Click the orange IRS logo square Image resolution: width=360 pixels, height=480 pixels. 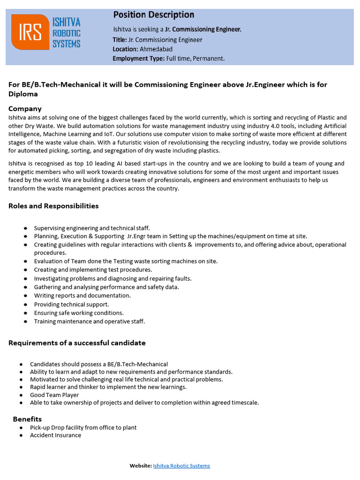(x=30, y=32)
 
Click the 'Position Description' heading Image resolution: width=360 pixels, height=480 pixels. (x=153, y=15)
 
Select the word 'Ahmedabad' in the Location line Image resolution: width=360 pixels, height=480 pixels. (x=156, y=49)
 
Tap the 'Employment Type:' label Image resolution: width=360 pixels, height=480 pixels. (x=138, y=59)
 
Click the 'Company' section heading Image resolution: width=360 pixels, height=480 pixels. (x=25, y=109)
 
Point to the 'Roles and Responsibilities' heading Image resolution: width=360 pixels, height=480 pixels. (x=53, y=206)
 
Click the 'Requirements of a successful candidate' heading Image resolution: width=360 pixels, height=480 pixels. (x=77, y=343)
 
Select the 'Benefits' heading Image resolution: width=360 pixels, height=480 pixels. (x=27, y=419)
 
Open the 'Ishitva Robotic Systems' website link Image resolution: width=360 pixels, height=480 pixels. (x=181, y=465)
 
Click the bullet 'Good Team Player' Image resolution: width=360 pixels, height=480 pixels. (x=54, y=395)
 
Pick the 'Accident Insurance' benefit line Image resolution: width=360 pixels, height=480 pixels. (x=55, y=435)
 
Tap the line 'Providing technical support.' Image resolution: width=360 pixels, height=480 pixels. (x=71, y=304)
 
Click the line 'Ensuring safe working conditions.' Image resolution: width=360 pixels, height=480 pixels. (x=79, y=313)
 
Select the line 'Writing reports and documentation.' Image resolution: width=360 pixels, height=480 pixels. (x=82, y=295)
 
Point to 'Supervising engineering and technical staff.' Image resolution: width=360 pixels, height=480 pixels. (x=92, y=228)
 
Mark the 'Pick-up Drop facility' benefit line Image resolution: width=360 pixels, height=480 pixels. (x=83, y=427)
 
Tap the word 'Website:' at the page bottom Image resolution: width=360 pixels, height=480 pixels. (x=140, y=465)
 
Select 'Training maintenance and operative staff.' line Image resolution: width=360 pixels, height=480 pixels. (x=90, y=321)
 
